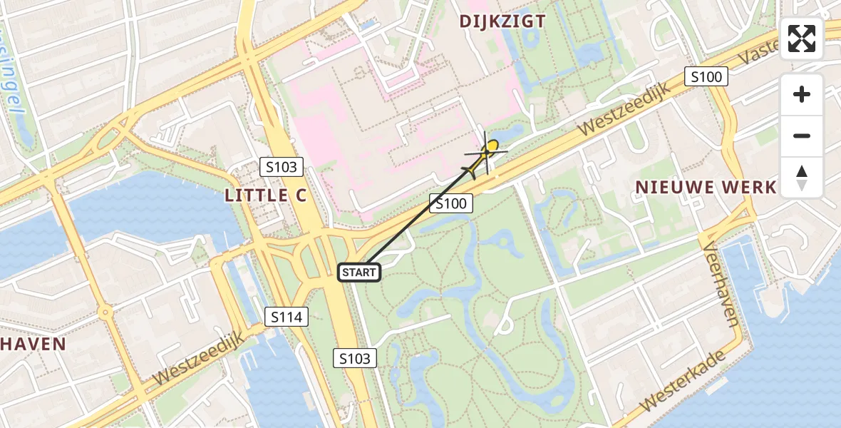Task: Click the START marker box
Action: [359, 272]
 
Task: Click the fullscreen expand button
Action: [802, 39]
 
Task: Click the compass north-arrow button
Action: [802, 178]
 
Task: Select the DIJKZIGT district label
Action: [502, 21]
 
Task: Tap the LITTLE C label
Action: [266, 195]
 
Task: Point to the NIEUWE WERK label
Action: [706, 188]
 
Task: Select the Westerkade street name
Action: [682, 379]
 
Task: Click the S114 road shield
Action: [287, 317]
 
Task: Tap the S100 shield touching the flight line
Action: [451, 204]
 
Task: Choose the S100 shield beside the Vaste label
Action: [706, 77]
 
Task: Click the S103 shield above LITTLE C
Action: [282, 168]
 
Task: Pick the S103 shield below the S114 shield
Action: [355, 358]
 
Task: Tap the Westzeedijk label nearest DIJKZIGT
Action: [621, 108]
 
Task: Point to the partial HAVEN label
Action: [33, 344]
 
